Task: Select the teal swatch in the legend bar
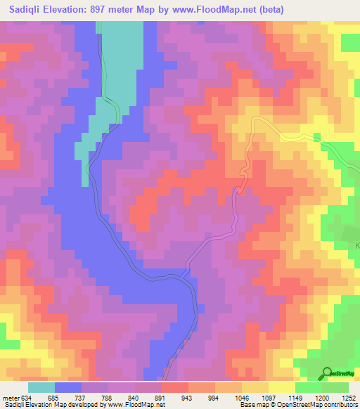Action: (41, 387)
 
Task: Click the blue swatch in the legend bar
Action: (68, 387)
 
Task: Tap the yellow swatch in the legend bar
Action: (282, 387)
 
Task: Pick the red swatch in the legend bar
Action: (175, 387)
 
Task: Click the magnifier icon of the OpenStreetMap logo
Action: (327, 372)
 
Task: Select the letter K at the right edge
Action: (356, 245)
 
